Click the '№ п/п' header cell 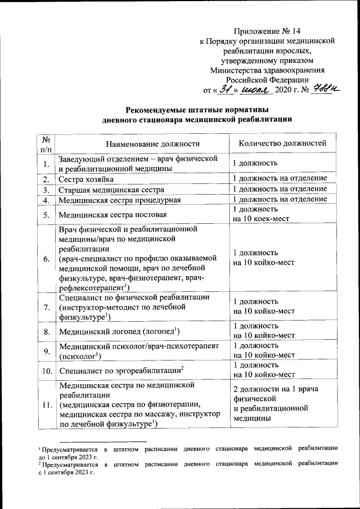tap(46, 143)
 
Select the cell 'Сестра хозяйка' tap(87, 179)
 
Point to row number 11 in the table tap(46, 405)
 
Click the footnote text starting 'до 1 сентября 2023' tap(68, 457)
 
